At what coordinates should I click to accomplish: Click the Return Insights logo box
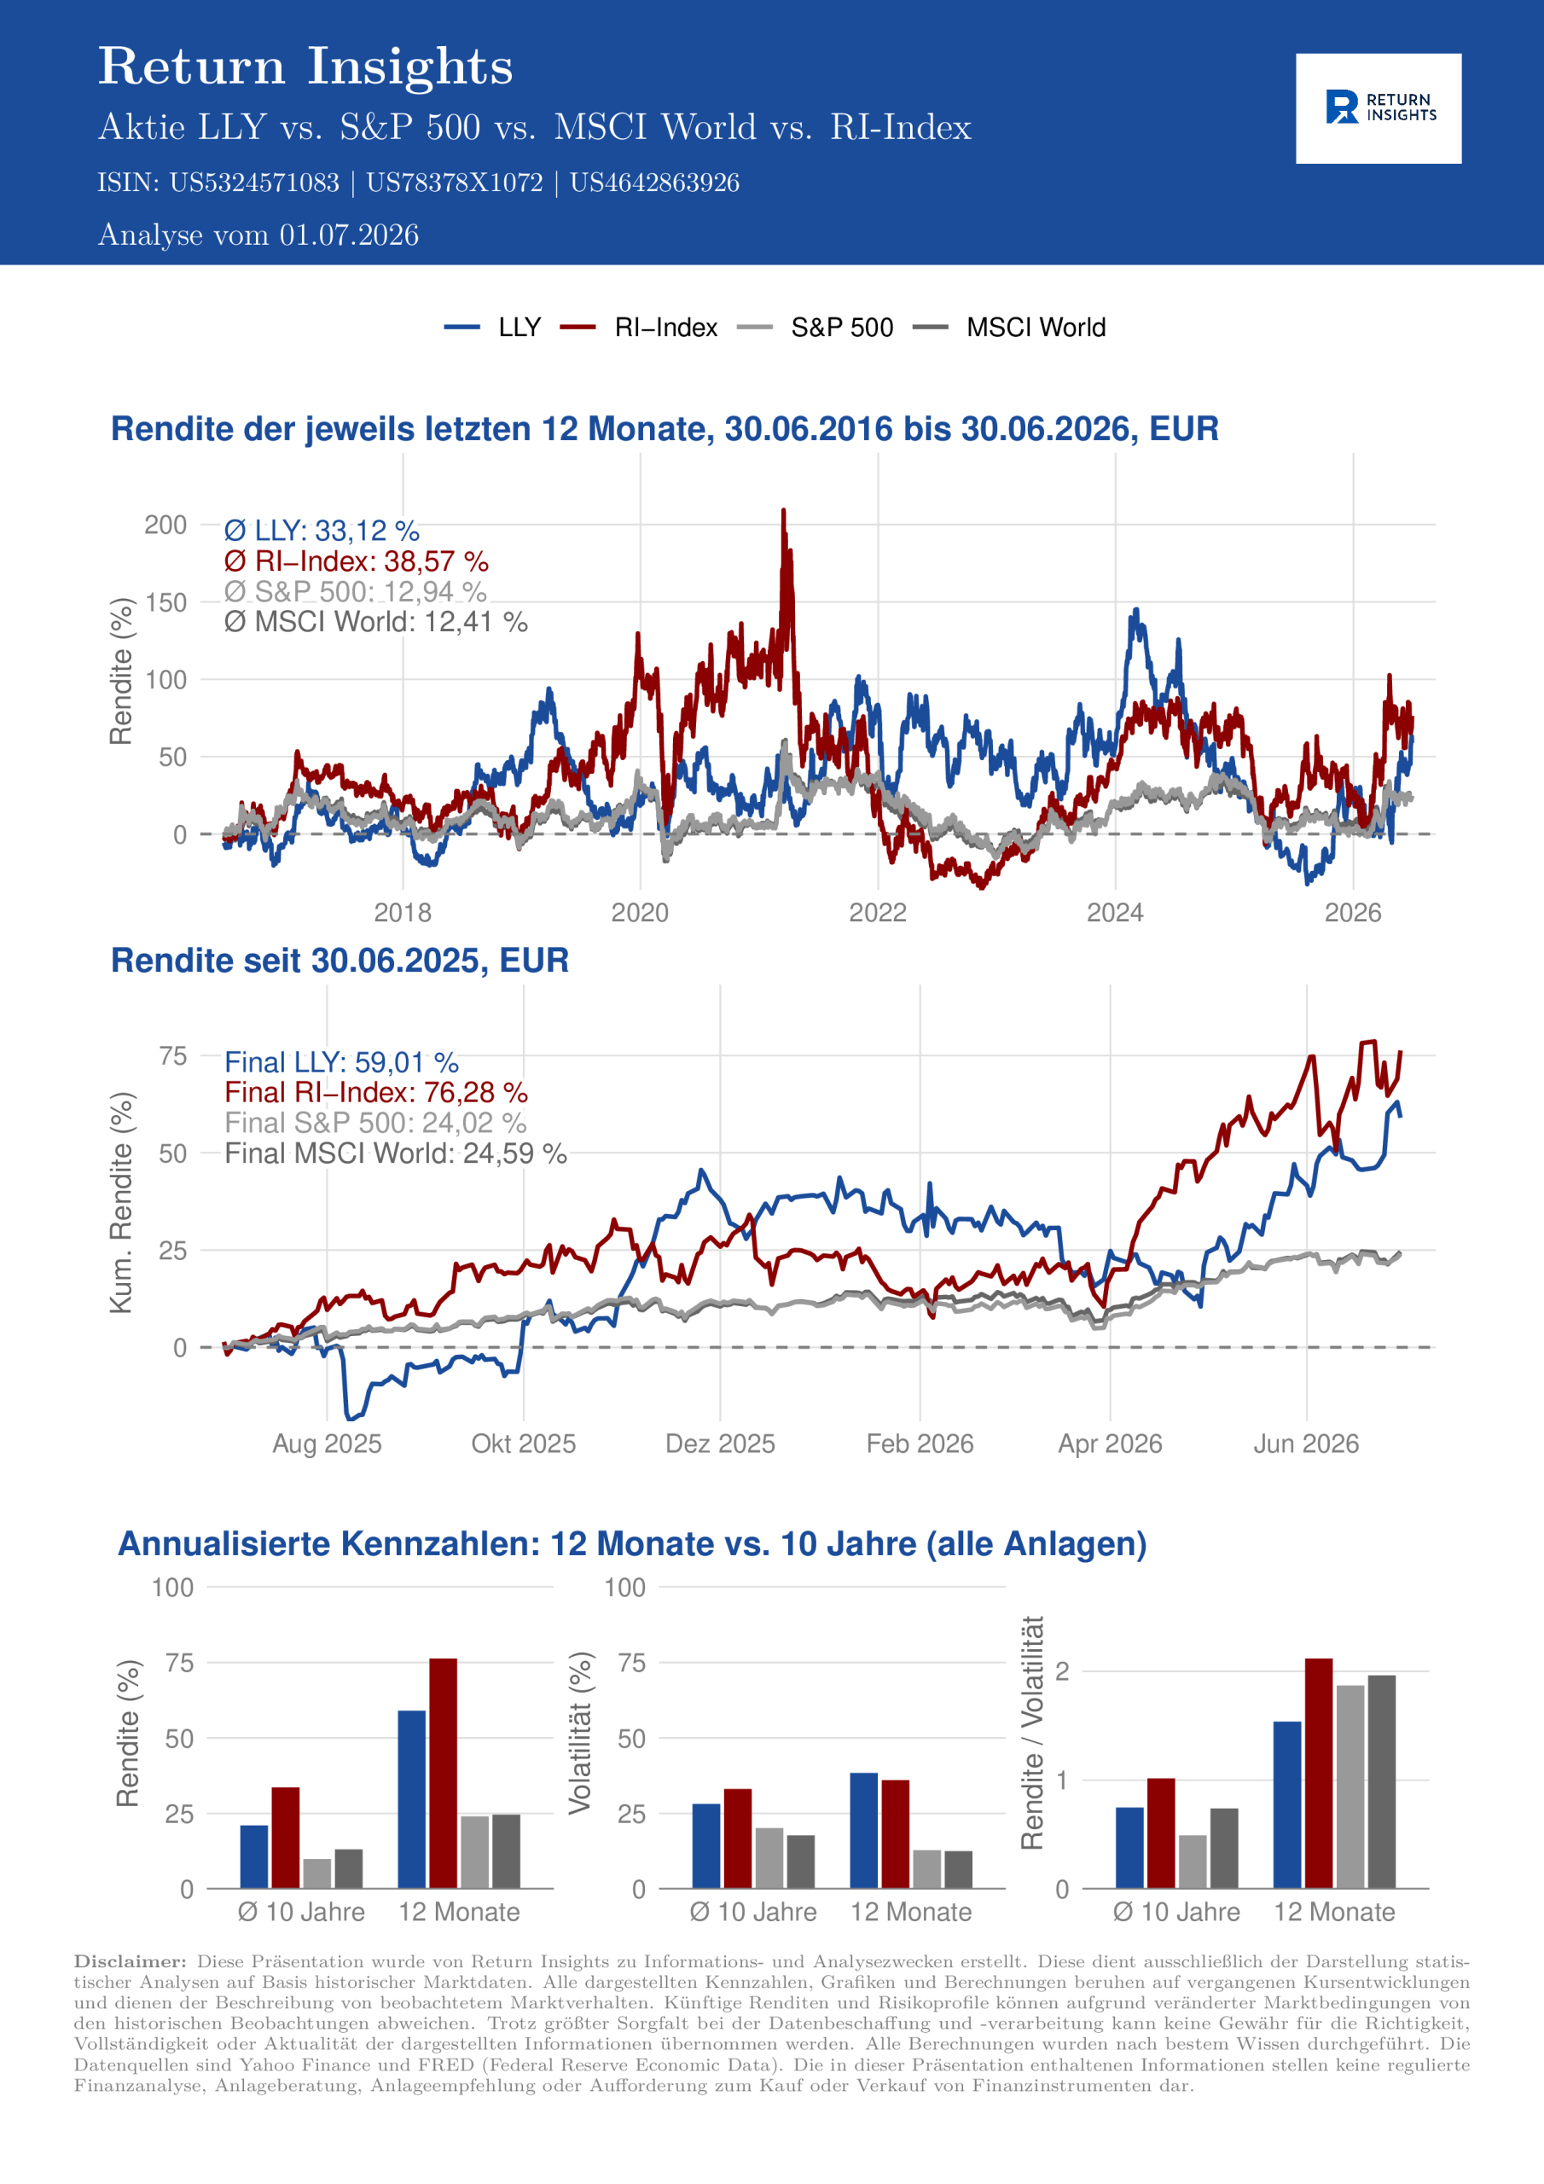1379,108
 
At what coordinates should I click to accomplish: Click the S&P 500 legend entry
816,328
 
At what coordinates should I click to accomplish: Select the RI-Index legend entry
638,328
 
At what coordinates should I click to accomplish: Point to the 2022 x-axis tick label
877,913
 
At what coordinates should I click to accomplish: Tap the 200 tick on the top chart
165,525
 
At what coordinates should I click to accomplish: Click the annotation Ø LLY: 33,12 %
322,531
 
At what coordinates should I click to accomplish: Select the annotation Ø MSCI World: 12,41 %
376,622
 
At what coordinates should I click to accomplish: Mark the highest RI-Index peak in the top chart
784,511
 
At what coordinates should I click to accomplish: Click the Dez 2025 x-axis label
720,1444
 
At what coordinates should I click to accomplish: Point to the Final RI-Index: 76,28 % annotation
376,1092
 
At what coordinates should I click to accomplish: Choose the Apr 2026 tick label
1110,1444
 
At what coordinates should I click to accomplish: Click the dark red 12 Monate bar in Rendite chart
444,1773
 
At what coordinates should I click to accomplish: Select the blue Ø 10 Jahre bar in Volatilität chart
705,1845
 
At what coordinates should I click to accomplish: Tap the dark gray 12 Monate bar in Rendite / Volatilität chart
1381,1781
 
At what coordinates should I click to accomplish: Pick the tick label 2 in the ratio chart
1063,1671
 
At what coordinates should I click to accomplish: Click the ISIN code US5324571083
254,183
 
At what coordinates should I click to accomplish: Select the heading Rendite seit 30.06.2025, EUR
340,961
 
